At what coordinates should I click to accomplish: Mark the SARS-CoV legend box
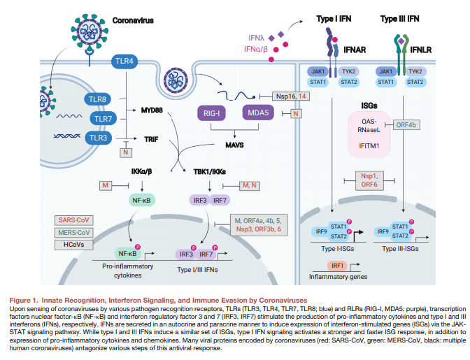point(73,219)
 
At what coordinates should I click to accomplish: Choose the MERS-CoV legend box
point(73,232)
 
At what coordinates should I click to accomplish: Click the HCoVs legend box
point(73,245)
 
